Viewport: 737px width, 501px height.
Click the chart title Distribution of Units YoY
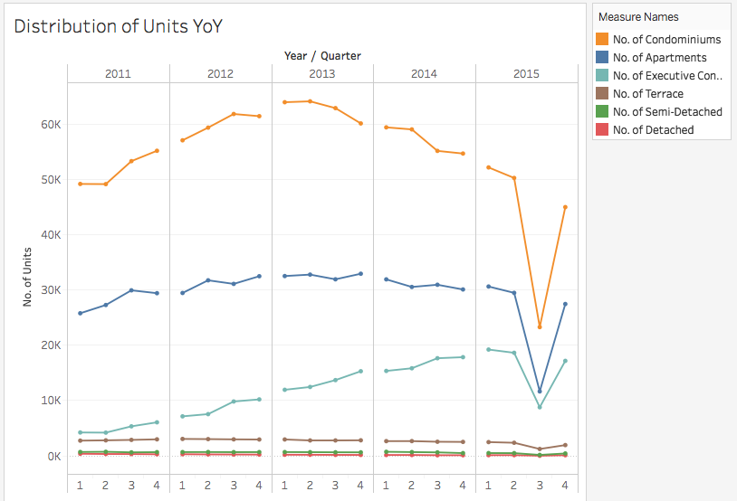[x=118, y=26]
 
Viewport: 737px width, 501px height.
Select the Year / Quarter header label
[x=322, y=56]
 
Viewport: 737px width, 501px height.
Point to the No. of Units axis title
[x=28, y=277]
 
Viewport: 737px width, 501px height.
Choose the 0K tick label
[x=52, y=457]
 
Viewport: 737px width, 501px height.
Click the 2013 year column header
[x=322, y=73]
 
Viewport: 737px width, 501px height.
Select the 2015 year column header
[x=526, y=73]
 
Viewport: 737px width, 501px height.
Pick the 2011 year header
[x=118, y=73]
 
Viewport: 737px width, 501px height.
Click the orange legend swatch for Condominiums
[x=602, y=40]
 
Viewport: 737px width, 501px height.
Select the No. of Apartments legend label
[x=659, y=58]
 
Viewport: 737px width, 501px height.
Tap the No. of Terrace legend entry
[x=647, y=94]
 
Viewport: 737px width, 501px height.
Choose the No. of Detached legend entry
[x=653, y=130]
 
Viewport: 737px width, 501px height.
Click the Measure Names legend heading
[x=638, y=17]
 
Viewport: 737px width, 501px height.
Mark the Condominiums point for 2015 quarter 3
[x=540, y=326]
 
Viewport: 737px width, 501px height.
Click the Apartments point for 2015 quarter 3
[x=540, y=392]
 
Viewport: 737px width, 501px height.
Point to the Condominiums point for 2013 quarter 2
[x=310, y=101]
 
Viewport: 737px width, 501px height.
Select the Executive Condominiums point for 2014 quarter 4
[x=464, y=357]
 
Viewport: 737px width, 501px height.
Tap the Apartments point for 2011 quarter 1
[x=81, y=313]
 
